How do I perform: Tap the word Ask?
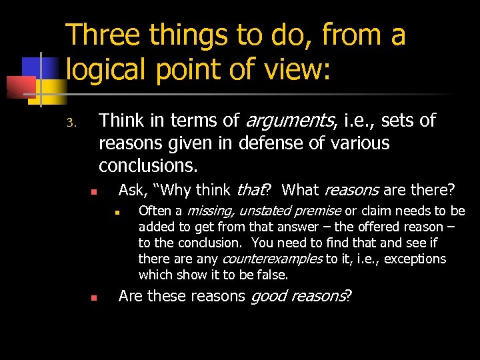click(132, 191)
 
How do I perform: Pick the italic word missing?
click(209, 211)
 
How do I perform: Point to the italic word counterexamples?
click(272, 259)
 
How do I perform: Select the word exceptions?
click(415, 259)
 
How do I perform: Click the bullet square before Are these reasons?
click(94, 298)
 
